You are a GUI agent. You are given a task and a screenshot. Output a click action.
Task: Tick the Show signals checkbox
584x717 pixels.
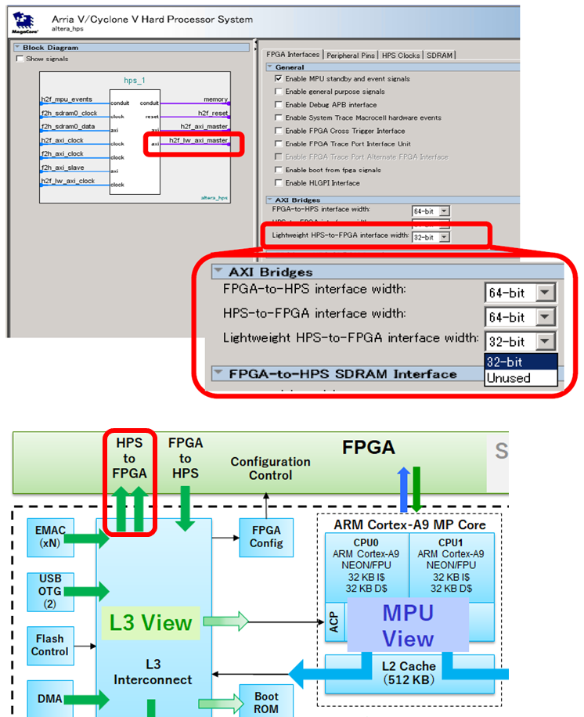click(20, 59)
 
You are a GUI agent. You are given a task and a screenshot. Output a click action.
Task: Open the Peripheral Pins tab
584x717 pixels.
click(351, 55)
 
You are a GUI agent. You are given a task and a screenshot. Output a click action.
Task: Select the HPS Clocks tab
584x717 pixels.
click(400, 55)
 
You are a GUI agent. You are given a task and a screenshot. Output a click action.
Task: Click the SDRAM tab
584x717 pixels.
click(440, 55)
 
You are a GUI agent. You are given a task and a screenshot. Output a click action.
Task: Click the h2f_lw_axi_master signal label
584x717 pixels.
click(199, 140)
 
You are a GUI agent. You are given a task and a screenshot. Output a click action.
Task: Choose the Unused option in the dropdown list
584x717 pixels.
click(508, 378)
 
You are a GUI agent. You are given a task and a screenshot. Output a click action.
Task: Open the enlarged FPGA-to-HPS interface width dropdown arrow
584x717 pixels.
click(546, 293)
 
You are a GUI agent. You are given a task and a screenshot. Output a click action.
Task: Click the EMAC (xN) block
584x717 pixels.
click(49, 537)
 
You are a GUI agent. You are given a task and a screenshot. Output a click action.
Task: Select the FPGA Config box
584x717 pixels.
click(267, 537)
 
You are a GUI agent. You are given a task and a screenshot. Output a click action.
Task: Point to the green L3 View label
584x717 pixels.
click(150, 622)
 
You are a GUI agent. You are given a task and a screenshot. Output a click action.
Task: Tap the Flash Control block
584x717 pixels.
click(49, 644)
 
